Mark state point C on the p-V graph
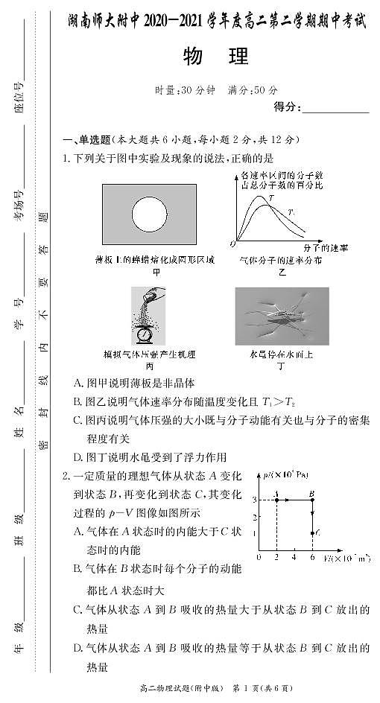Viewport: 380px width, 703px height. (311, 533)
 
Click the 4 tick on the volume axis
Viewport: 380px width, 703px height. (294, 558)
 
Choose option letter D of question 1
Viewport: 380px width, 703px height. (78, 457)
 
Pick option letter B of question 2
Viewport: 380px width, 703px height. (78, 569)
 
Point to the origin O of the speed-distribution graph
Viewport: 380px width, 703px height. (233, 244)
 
